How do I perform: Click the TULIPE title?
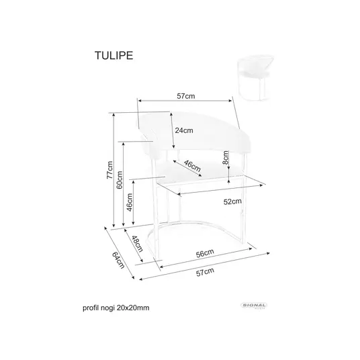pos(114,56)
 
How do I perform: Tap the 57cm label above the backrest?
pos(186,96)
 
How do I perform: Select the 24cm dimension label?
pos(184,130)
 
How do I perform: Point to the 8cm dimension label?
pos(226,157)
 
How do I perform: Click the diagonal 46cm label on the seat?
pos(192,166)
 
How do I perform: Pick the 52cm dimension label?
pos(232,201)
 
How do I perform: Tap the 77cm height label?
pos(109,170)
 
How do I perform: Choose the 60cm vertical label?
pos(120,180)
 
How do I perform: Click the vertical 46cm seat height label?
pos(130,202)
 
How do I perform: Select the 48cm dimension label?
pos(137,244)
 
